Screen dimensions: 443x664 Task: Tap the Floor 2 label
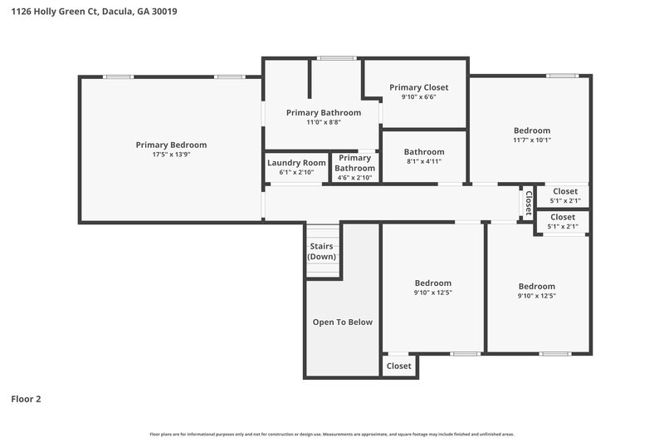pos(26,399)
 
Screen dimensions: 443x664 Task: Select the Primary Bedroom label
pos(171,145)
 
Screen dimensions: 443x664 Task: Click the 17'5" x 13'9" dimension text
pos(171,155)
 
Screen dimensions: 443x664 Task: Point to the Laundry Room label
pos(296,163)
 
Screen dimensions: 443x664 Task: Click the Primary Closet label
pos(418,87)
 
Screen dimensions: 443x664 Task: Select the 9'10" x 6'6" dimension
pos(418,97)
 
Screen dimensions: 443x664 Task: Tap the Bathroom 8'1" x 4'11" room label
pos(424,152)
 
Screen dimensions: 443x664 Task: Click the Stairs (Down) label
pos(322,251)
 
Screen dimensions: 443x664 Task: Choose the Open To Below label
pos(342,322)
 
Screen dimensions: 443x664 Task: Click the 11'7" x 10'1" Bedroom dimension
pos(531,140)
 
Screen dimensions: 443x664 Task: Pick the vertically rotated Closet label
pos(528,203)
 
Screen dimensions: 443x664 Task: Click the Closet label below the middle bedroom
pos(398,366)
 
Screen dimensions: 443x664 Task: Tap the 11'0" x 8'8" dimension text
pos(323,122)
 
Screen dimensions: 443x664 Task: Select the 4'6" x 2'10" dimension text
pos(354,177)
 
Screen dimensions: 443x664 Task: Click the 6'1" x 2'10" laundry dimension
pos(296,173)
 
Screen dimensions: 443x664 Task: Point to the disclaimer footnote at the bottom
pos(331,434)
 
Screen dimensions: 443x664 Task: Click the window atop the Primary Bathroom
pos(335,58)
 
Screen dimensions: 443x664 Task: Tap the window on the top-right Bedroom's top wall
pos(562,76)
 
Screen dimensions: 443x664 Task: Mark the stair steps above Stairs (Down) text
pos(322,232)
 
